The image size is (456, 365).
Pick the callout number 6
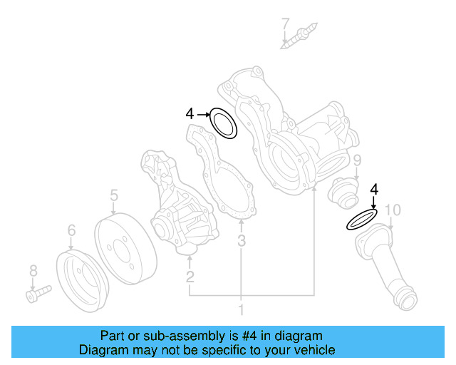click(x=71, y=230)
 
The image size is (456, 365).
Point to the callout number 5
click(x=113, y=195)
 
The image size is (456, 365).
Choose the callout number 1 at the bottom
click(x=241, y=310)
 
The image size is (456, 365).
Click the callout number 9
click(x=357, y=160)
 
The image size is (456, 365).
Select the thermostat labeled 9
click(x=341, y=192)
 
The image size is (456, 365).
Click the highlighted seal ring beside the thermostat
click(x=362, y=220)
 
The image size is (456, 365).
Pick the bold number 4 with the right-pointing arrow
click(x=190, y=113)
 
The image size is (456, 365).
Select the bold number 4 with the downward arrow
click(x=373, y=189)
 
